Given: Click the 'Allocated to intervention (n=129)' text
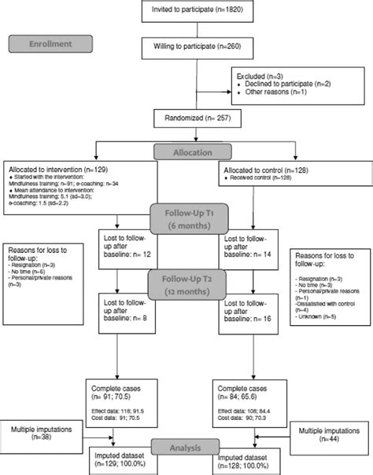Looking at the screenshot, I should [x=56, y=169].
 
